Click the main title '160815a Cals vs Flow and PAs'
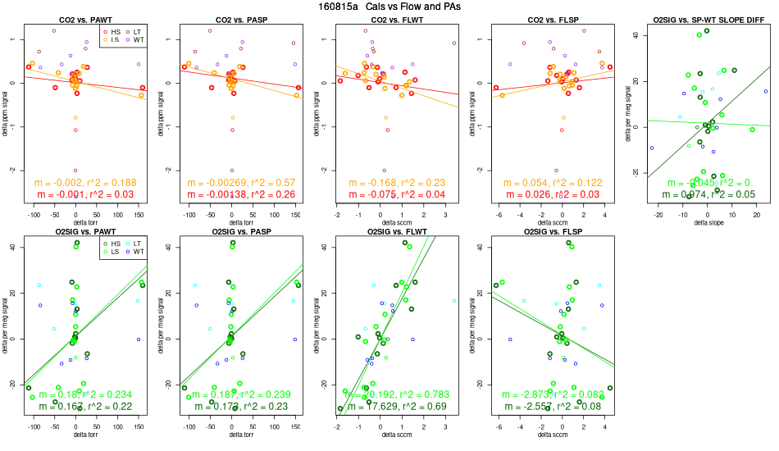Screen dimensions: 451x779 (x=389, y=7)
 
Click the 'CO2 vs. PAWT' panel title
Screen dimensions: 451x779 (x=80, y=18)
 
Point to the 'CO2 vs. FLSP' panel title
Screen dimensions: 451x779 (x=548, y=18)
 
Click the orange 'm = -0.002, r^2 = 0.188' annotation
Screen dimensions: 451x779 (x=80, y=182)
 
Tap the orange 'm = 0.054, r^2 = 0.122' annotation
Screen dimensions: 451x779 (x=548, y=182)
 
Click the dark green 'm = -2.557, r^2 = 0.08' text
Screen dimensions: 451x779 (x=548, y=407)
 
